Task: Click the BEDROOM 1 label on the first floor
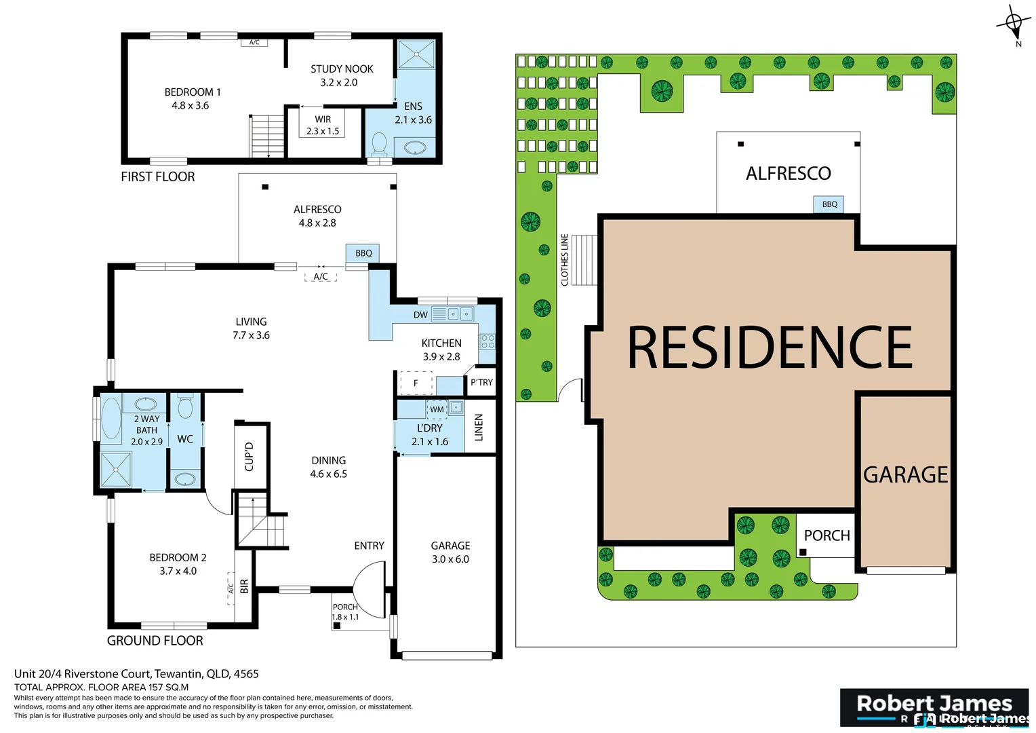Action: click(193, 98)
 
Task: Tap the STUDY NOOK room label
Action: click(342, 75)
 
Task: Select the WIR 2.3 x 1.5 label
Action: click(323, 125)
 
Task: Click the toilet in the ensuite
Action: click(379, 144)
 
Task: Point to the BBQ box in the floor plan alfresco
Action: click(363, 253)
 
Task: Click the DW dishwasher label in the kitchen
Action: click(420, 315)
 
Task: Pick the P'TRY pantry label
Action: click(481, 383)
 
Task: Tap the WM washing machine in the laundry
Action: click(437, 409)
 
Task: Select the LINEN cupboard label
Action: click(479, 428)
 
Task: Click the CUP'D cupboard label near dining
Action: click(249, 456)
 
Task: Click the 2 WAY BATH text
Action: click(146, 425)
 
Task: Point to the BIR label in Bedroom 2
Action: click(244, 586)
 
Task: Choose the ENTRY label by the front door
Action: click(369, 546)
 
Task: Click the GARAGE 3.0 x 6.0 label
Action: click(450, 552)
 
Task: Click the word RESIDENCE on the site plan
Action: click(770, 347)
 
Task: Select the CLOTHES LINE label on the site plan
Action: click(565, 260)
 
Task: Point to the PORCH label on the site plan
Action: click(826, 535)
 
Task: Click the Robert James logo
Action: click(934, 708)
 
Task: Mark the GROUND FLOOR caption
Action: click(155, 641)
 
